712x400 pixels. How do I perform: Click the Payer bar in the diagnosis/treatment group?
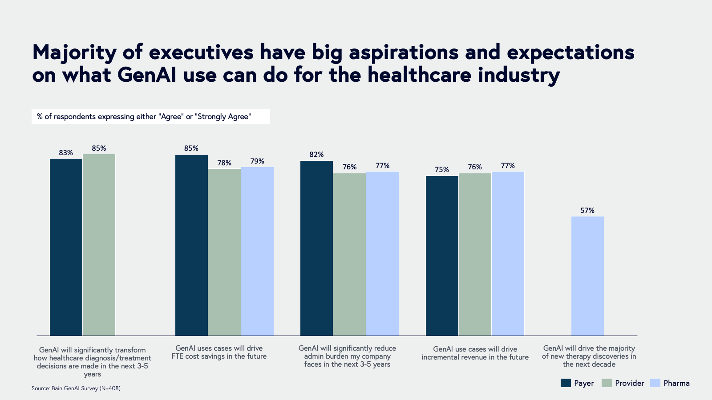pos(66,247)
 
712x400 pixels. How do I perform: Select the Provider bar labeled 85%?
pos(99,244)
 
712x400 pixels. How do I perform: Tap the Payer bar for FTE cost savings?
pos(191,245)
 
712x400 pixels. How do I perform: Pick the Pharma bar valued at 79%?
pos(257,251)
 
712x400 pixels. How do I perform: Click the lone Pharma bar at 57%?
pos(587,276)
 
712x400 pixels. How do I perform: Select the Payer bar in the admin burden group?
pos(316,248)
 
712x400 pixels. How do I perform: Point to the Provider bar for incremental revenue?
pos(475,254)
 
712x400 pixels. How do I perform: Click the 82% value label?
pos(316,155)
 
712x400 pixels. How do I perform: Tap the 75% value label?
pos(442,170)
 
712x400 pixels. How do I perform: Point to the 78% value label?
pos(224,163)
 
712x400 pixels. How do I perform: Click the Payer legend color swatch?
pos(566,383)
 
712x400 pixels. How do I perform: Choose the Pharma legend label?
pos(676,383)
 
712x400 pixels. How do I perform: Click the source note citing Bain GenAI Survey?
pos(76,388)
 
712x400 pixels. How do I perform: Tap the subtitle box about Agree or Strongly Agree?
pos(150,117)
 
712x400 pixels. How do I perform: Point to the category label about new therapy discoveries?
pos(589,356)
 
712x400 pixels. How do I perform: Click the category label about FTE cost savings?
pos(219,352)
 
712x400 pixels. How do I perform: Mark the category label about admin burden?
pos(347,356)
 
